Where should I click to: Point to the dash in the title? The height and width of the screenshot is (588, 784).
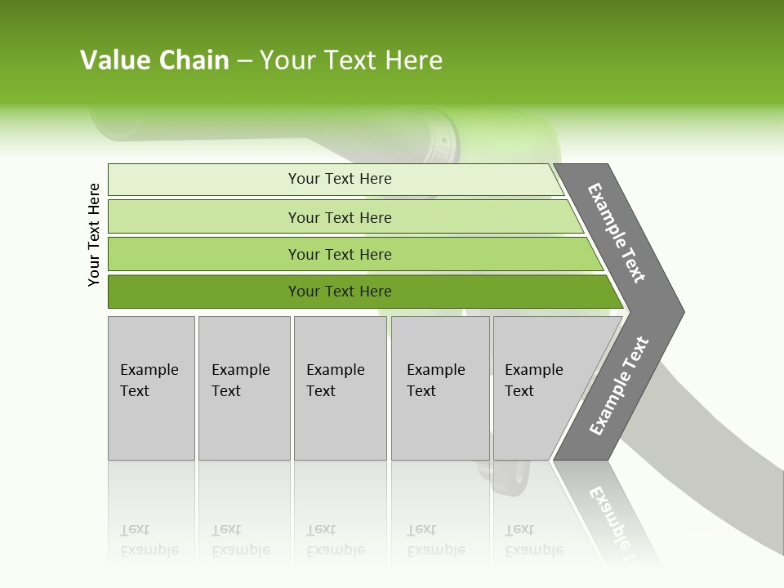click(244, 61)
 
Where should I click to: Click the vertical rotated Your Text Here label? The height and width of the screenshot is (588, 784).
click(94, 234)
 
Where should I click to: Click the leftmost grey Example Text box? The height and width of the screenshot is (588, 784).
click(151, 388)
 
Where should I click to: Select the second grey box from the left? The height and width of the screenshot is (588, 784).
click(243, 388)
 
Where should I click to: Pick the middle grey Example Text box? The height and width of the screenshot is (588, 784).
click(340, 388)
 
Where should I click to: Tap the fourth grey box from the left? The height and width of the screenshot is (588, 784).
click(440, 388)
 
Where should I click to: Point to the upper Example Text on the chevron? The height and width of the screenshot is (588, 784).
click(617, 233)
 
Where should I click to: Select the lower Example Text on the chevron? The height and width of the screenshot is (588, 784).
click(619, 385)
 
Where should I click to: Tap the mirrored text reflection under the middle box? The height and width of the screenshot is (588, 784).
click(335, 540)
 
